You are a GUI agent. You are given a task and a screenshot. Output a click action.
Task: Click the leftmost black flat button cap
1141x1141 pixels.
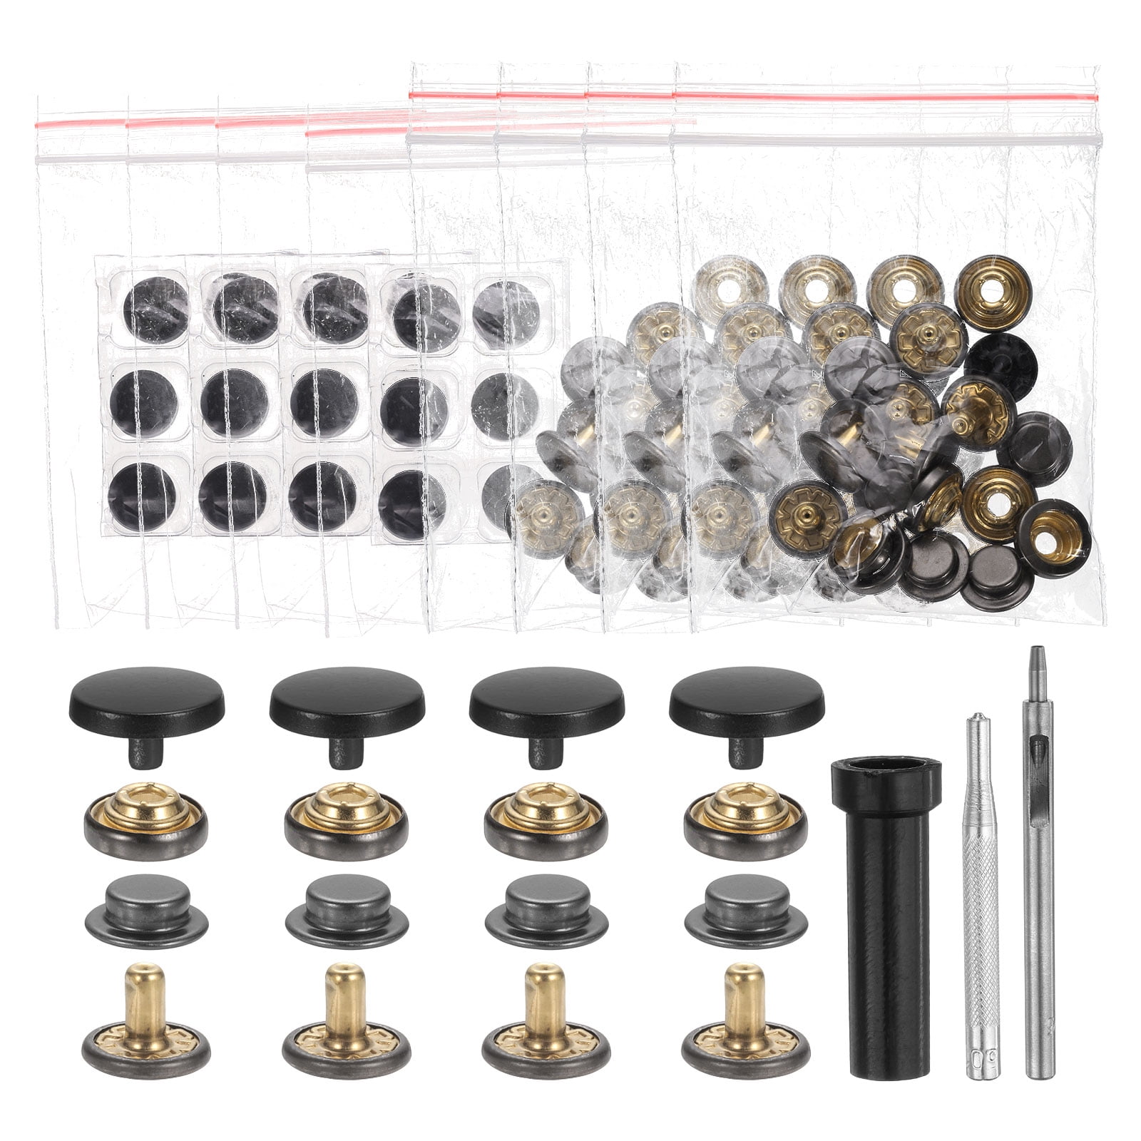(146, 695)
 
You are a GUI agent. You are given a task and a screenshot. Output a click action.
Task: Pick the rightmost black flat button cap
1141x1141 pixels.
(747, 695)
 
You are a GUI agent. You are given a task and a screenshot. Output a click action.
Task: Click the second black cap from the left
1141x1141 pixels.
(347, 695)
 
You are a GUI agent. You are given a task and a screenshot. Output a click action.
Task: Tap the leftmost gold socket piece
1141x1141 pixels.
(146, 820)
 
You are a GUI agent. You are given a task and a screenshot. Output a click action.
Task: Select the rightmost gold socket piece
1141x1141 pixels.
(745, 820)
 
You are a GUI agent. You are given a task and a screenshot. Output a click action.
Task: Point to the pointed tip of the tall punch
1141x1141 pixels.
(1033, 653)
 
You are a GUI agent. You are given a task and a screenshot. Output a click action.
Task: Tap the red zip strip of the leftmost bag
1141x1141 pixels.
(78, 124)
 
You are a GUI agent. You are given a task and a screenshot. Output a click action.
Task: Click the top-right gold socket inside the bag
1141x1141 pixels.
(993, 293)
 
